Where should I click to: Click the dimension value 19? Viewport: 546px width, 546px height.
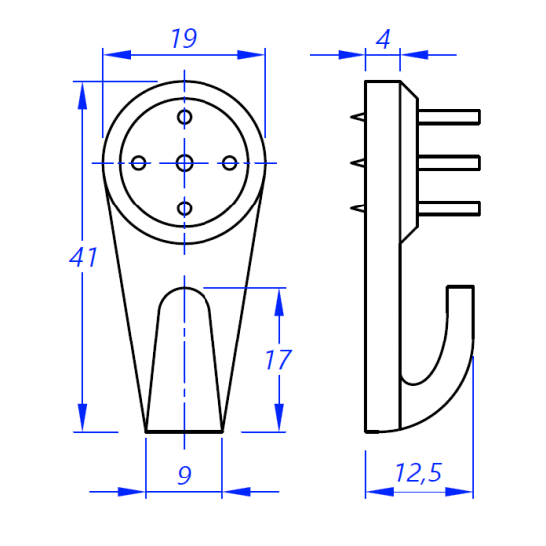pos(184,38)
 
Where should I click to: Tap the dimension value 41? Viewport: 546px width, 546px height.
pos(83,258)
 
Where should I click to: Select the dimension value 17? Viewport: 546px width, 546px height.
pos(278,360)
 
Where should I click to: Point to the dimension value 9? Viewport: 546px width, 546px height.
pos(185,475)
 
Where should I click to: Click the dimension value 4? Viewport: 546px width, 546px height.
pos(383,39)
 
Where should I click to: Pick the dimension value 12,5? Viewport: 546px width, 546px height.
pos(418,473)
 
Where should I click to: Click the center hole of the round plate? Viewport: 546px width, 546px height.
pos(185,163)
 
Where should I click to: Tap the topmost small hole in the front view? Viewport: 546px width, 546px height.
pos(185,117)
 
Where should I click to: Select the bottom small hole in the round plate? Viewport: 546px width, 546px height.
pos(185,208)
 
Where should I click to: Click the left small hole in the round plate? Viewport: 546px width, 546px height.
pos(139,163)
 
